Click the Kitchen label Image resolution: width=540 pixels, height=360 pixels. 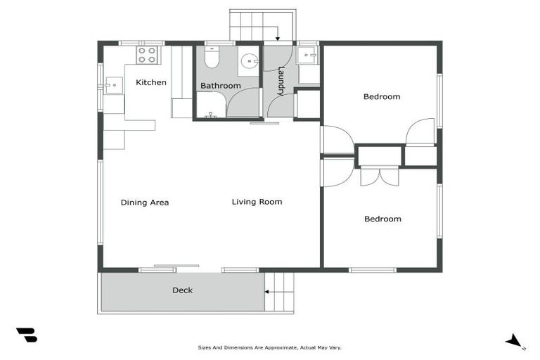tap(151, 82)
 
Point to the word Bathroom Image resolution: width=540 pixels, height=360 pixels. tap(220, 86)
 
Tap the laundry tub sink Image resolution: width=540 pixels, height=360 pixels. tap(307, 56)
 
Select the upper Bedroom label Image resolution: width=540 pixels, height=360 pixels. tap(382, 96)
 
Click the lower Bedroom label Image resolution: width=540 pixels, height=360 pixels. tap(382, 219)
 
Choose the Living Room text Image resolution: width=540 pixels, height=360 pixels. tap(257, 202)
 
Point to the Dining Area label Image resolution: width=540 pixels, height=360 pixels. tap(144, 202)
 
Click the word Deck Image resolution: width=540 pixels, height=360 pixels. tap(182, 290)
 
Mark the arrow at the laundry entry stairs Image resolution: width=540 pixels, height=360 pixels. tap(278, 39)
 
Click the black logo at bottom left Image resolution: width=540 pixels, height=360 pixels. tap(27, 335)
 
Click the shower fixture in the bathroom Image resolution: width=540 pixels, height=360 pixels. tap(210, 112)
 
